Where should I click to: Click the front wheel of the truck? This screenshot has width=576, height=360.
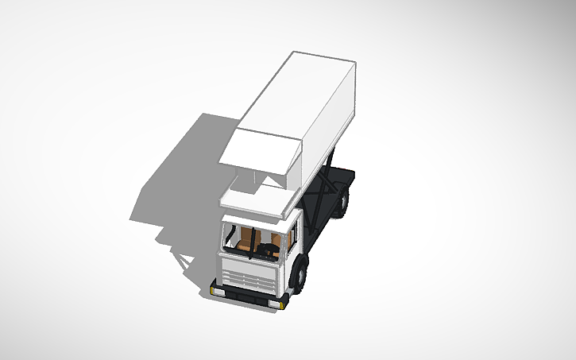[x=301, y=273]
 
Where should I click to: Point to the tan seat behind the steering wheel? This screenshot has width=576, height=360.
[x=273, y=242]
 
